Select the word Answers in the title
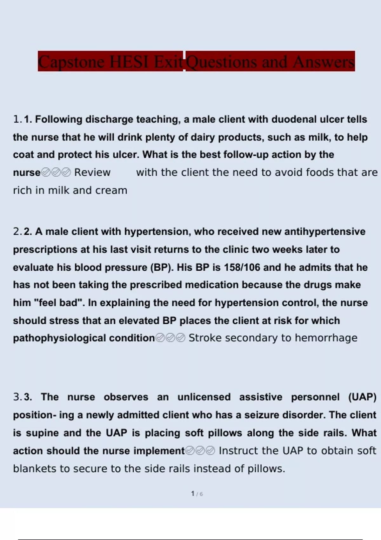click(x=324, y=62)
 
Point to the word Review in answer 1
click(x=92, y=172)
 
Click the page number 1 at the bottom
click(x=193, y=494)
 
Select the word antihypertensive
click(x=325, y=232)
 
